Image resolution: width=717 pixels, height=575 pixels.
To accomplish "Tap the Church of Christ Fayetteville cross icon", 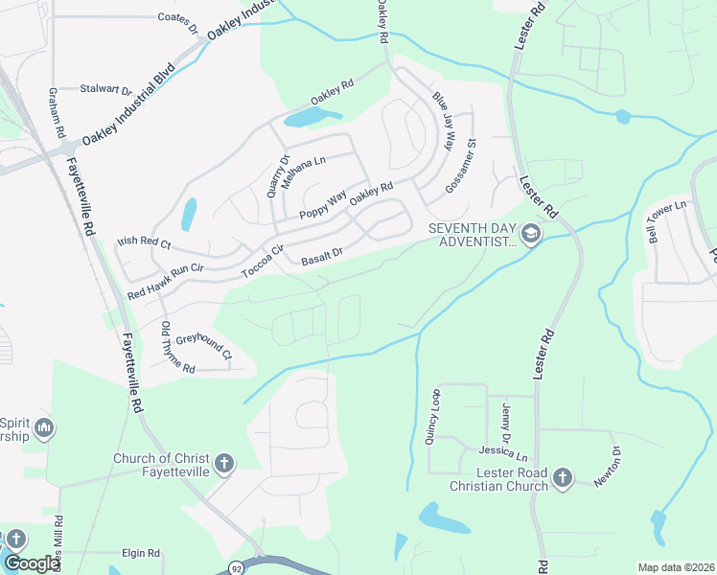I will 223,465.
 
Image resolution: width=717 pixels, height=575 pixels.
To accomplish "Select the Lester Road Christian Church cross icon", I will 562,476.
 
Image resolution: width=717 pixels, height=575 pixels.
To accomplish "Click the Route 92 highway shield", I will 237,568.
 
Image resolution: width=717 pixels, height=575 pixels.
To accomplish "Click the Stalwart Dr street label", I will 106,89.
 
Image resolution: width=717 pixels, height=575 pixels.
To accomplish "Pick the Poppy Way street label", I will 322,205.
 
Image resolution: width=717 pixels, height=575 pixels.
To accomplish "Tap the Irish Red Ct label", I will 143,243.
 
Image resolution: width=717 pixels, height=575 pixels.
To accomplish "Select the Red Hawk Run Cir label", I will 167,270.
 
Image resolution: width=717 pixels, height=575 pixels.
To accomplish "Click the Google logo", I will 32,563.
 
